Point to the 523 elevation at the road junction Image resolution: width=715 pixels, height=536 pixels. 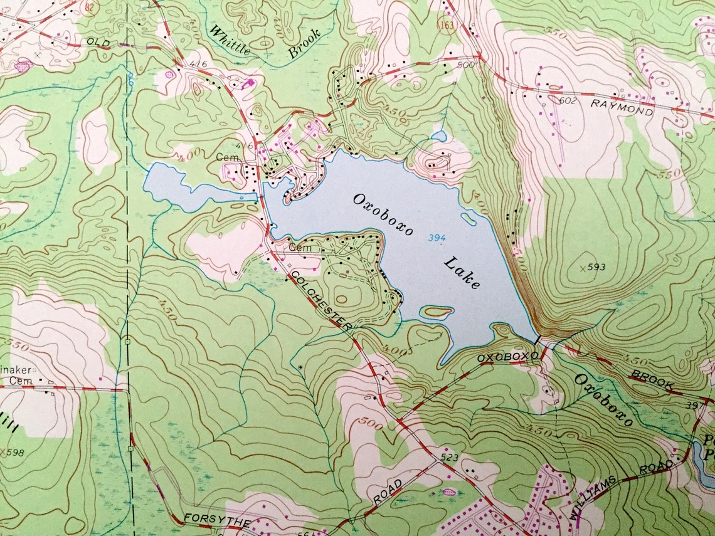coord(449,458)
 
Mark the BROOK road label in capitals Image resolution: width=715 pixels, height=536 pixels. coord(652,379)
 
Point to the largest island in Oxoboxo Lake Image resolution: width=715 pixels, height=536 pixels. coord(437,311)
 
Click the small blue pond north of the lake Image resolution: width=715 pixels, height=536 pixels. coord(439,135)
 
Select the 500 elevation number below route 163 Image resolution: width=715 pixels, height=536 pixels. coord(466,64)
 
